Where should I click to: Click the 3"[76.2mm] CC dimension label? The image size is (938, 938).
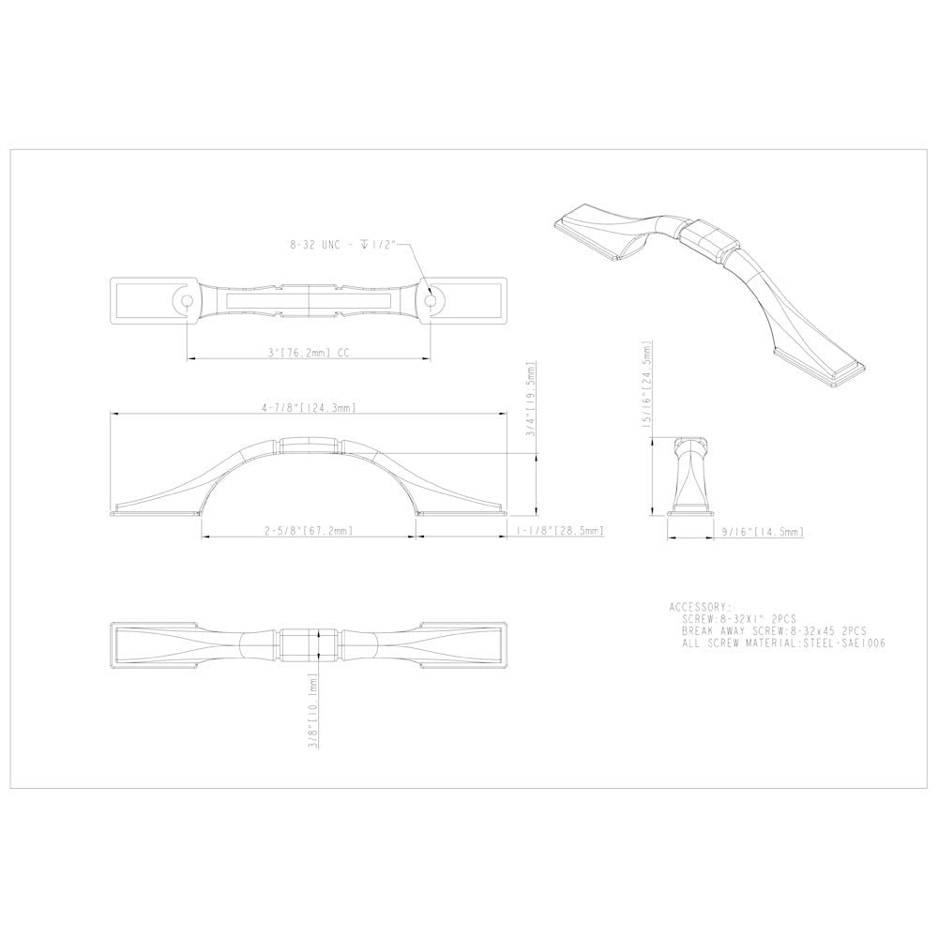(309, 353)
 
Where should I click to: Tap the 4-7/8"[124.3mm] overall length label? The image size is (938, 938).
(309, 408)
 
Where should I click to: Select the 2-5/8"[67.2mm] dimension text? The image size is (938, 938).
(309, 531)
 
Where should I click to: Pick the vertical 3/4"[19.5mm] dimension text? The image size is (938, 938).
(530, 399)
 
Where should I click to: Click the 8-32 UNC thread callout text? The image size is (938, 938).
(342, 245)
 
